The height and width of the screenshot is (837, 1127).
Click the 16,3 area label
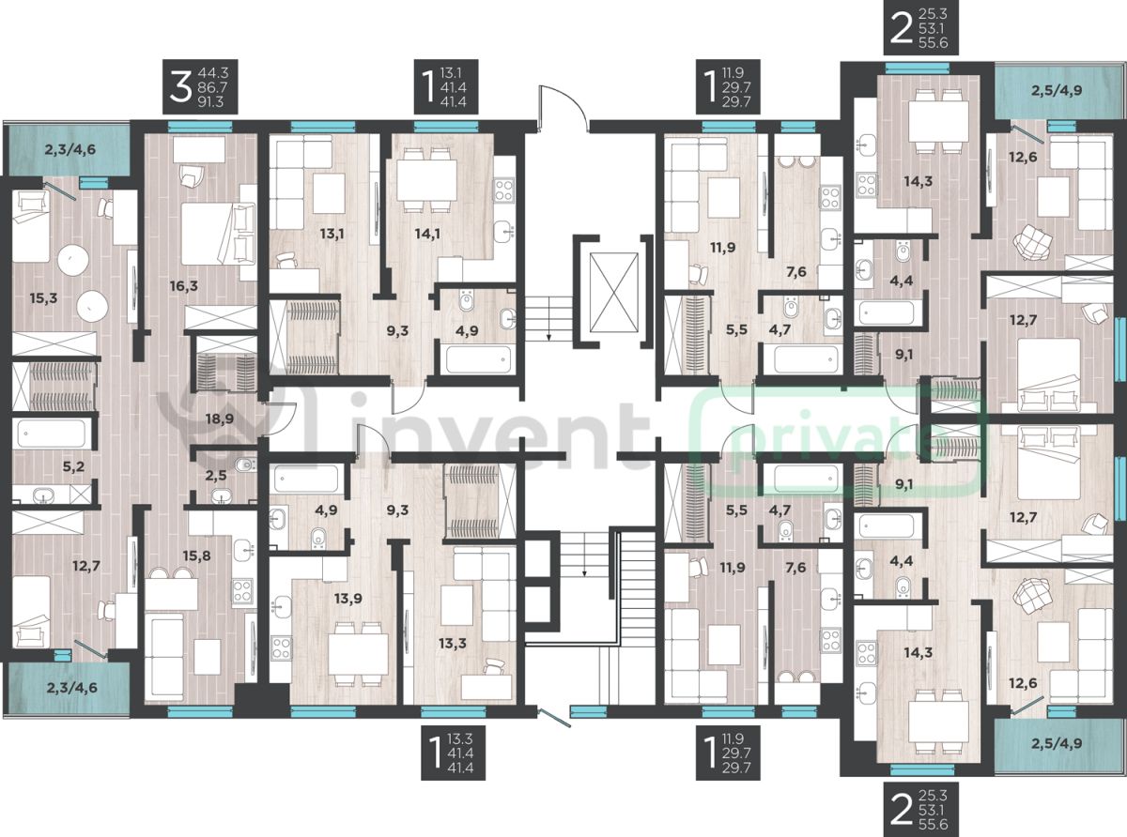coord(184,286)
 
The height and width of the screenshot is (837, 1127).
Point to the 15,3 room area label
coord(43,298)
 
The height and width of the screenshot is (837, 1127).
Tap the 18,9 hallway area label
coord(220,418)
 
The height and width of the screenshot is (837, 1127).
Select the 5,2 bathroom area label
coord(73,466)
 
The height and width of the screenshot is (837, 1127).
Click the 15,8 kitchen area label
coord(196,555)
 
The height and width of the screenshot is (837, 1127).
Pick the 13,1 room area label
coord(332,235)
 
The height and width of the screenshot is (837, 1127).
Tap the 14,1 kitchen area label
coord(426,235)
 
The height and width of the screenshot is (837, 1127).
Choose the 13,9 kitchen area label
coord(348,599)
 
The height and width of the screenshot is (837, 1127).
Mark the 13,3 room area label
coord(452,644)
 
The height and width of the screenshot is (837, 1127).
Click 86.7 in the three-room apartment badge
coord(213,87)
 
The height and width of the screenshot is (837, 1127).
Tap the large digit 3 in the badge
coord(180,87)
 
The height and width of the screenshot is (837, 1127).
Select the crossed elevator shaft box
coord(613,293)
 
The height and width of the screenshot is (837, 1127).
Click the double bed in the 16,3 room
coord(218,234)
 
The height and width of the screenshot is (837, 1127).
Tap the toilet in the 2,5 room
coord(246,464)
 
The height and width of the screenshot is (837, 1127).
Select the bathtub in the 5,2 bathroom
coord(51,434)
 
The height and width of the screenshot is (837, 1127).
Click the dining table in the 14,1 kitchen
coord(425,181)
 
